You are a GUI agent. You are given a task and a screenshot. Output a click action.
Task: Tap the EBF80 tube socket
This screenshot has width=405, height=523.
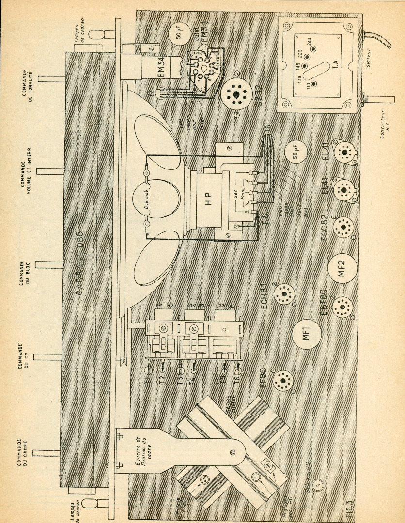click(x=343, y=306)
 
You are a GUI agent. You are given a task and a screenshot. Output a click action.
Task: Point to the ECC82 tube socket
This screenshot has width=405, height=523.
click(x=343, y=225)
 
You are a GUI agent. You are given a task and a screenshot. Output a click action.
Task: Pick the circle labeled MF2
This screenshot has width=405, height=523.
click(x=343, y=267)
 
